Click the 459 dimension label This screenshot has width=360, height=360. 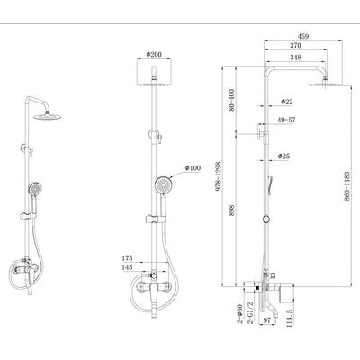click(303, 36)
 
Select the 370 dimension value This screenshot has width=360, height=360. click(296, 46)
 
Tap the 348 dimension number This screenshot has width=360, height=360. click(296, 57)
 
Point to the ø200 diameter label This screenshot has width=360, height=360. click(154, 54)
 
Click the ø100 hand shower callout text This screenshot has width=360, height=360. click(193, 168)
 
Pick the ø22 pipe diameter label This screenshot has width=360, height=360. click(287, 102)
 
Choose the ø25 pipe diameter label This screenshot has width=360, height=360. click(283, 156)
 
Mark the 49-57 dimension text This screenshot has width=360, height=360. click(286, 120)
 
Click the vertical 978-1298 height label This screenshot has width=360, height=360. click(218, 176)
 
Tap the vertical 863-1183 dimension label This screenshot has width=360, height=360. click(347, 186)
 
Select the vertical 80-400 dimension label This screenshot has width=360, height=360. click(231, 100)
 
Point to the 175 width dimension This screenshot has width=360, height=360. click(128, 258)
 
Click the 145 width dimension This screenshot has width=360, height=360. click(128, 266)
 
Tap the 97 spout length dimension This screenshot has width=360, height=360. click(266, 320)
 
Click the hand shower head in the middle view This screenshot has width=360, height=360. click(163, 184)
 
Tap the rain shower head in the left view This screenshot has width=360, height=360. click(48, 116)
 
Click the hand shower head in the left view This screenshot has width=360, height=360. click(35, 189)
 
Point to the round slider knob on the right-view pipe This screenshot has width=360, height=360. click(265, 220)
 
